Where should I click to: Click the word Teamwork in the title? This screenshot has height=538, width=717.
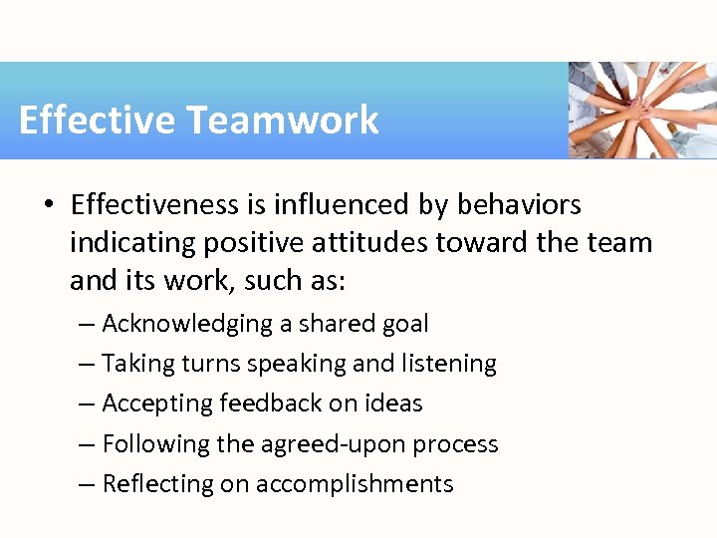283,121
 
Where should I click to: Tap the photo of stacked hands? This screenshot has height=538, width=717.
641,110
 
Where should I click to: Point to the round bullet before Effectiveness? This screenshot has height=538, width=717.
48,206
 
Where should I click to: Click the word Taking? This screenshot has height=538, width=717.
138,365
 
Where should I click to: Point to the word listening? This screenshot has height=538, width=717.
449,365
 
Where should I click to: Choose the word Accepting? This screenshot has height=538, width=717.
157,403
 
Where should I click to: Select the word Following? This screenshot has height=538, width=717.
155,444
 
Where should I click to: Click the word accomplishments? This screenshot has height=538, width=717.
355,484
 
